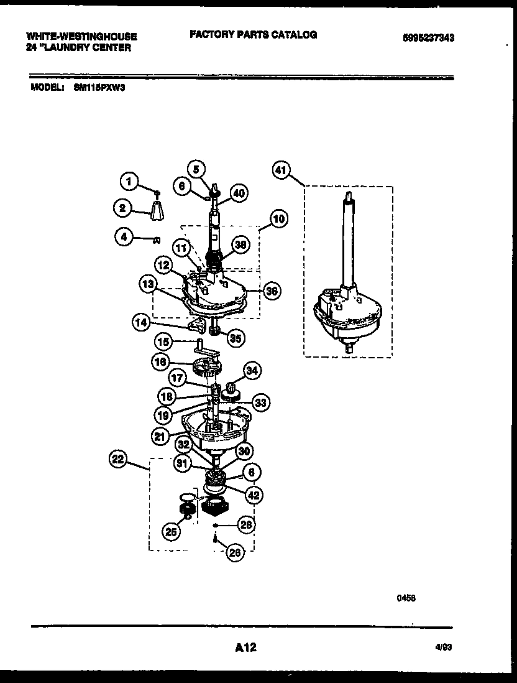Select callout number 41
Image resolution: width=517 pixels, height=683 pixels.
[x=281, y=170]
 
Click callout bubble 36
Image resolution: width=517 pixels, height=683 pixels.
[x=271, y=290]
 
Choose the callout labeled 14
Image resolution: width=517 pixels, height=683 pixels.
[x=141, y=322]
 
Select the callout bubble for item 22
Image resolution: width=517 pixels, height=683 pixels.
[x=117, y=460]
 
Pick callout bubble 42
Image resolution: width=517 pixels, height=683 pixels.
[x=253, y=495]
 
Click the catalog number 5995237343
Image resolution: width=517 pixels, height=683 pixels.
[x=428, y=37]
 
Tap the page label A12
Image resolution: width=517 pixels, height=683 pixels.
[x=246, y=648]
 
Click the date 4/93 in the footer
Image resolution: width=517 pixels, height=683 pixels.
[x=443, y=648]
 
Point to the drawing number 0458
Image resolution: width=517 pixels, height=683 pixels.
[x=406, y=598]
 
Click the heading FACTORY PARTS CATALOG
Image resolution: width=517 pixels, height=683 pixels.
[x=254, y=35]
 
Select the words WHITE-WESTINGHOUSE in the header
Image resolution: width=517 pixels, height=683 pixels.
[x=82, y=37]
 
